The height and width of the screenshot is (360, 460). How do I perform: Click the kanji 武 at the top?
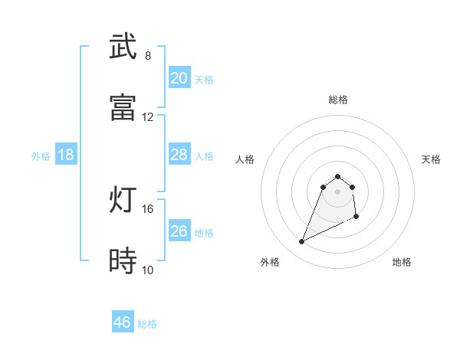pyautogui.click(x=123, y=47)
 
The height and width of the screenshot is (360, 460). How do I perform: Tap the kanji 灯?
pyautogui.click(x=123, y=200)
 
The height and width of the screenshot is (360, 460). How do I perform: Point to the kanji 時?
pyautogui.click(x=123, y=261)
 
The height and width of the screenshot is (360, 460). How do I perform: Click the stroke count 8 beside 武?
pyautogui.click(x=148, y=55)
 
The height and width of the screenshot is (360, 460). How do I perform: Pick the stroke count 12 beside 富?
pyautogui.click(x=148, y=116)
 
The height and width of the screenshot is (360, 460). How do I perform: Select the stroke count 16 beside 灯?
pyautogui.click(x=148, y=208)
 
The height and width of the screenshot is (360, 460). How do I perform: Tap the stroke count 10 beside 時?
pyautogui.click(x=148, y=270)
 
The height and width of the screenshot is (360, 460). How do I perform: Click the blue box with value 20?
pyautogui.click(x=179, y=78)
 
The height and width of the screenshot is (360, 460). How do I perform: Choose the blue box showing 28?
pyautogui.click(x=179, y=155)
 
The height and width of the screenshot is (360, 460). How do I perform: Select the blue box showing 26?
pyautogui.click(x=179, y=231)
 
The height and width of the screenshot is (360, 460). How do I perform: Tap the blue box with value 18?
pyautogui.click(x=66, y=155)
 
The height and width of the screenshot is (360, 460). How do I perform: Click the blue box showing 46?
pyautogui.click(x=123, y=322)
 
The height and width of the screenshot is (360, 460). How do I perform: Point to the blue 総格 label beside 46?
pyautogui.click(x=147, y=324)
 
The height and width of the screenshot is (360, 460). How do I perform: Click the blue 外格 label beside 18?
pyautogui.click(x=41, y=156)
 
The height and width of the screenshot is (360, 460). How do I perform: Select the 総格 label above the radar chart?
pyautogui.click(x=338, y=100)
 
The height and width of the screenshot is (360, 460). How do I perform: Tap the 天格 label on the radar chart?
pyautogui.click(x=432, y=159)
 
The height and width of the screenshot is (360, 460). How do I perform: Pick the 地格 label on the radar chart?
pyautogui.click(x=402, y=263)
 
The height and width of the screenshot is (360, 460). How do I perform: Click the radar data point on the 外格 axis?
pyautogui.click(x=301, y=242)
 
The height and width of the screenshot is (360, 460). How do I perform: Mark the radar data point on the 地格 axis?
pyautogui.click(x=357, y=218)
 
